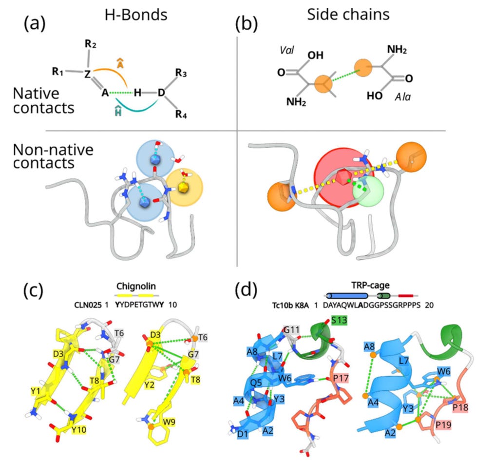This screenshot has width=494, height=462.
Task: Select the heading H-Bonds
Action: coord(136,15)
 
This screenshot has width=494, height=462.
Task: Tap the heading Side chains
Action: coord(348,15)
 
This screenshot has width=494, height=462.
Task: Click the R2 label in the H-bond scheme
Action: coord(90,44)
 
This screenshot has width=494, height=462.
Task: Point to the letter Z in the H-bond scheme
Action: coord(87,74)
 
